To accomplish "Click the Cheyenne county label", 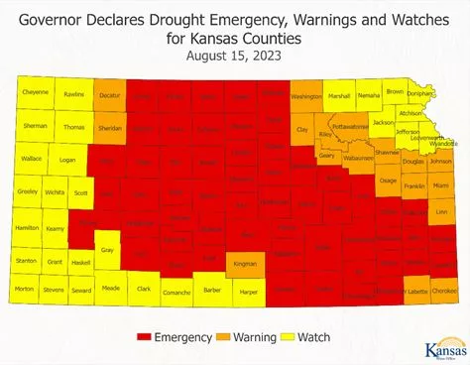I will click(35, 92).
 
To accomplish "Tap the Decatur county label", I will click(109, 96).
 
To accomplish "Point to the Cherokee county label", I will click(444, 291).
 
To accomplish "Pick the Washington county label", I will click(306, 96).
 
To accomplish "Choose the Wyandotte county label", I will click(443, 144).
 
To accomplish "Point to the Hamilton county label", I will click(28, 227).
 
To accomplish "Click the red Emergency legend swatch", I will click(141, 337).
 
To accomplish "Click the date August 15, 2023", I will click(235, 56).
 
